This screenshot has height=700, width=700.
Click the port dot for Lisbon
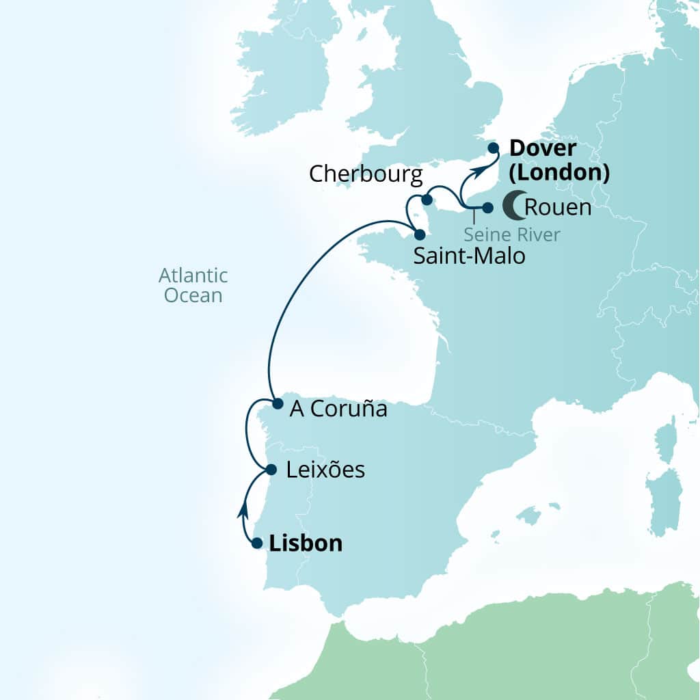[257, 543]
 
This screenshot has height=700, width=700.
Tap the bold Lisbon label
[306, 543]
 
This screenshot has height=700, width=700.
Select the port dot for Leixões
[271, 470]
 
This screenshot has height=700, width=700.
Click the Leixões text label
[325, 470]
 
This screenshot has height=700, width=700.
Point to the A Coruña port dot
[278, 404]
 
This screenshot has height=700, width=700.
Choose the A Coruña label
[338, 409]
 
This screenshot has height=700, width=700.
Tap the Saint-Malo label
[469, 256]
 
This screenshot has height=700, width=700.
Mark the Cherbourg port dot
[427, 200]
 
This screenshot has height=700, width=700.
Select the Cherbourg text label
[366, 174]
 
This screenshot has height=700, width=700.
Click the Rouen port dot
[487, 207]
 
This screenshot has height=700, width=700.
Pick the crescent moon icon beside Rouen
[513, 206]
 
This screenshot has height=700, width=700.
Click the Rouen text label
[557, 207]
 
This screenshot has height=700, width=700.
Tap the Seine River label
[511, 234]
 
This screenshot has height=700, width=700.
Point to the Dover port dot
[493, 148]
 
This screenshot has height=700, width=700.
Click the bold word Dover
[543, 148]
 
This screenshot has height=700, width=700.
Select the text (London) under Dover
[558, 172]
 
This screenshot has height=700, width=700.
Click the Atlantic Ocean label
[193, 285]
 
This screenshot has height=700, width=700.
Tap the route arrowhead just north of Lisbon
[242, 509]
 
